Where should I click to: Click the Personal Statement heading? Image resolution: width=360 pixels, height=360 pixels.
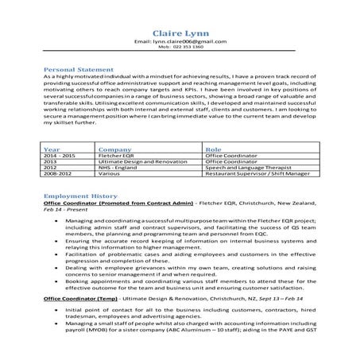click(x=79, y=69)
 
